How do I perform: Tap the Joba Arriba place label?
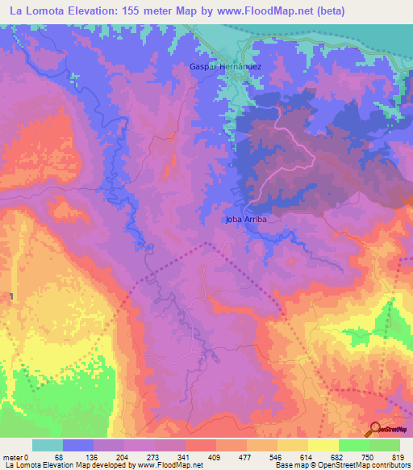[x=246, y=219]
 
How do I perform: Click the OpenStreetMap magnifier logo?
[x=376, y=428]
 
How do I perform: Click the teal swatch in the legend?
[x=47, y=445]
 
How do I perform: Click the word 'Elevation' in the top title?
[x=101, y=11]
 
